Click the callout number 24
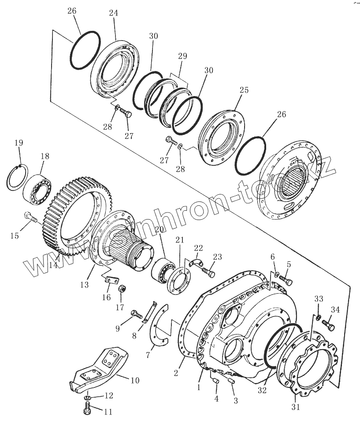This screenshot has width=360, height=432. point(113,13)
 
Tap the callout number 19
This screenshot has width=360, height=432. point(19,143)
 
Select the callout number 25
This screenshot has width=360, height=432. point(244,90)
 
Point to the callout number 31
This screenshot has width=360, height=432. point(296,407)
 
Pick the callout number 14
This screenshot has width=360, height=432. point(53,265)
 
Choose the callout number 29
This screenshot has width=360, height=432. point(182,56)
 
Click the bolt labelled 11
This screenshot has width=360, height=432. point(87,410)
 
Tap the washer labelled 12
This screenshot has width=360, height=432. point(88,398)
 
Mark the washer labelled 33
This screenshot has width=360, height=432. point(318,317)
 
